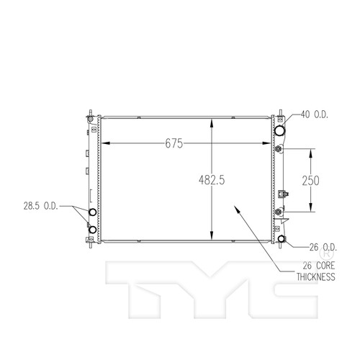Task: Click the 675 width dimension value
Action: pos(174,143)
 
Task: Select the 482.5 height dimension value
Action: pos(212,180)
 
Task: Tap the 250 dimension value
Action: pos(310,181)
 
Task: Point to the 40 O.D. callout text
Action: pos(315,114)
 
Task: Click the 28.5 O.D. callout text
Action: pos(41,206)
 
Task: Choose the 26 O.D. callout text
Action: pos(323,247)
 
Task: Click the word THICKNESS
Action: pos(316,276)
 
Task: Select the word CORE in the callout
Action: pos(325,266)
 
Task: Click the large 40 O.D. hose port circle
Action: pos(279,130)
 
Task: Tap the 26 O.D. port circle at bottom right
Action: pos(282,239)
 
